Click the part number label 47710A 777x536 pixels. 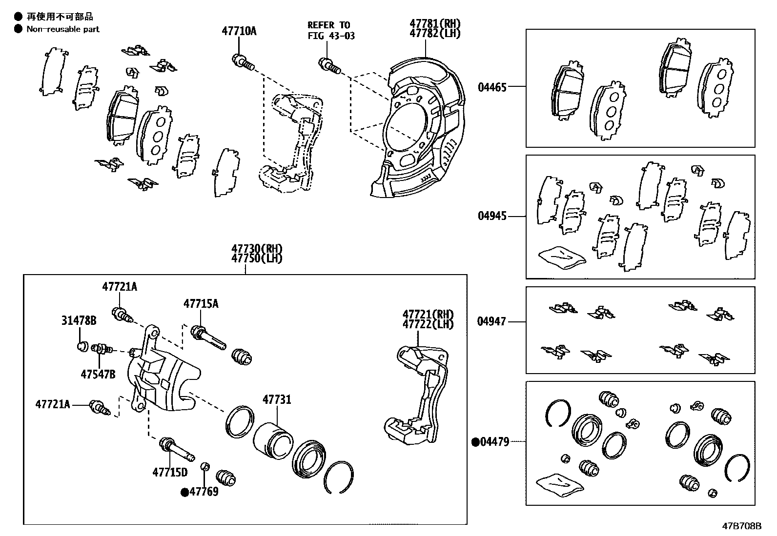pyautogui.click(x=239, y=31)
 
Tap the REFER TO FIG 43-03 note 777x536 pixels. pyautogui.click(x=331, y=30)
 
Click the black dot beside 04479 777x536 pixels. pyautogui.click(x=475, y=442)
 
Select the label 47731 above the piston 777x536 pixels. pyautogui.click(x=277, y=400)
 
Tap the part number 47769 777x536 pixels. pyautogui.click(x=204, y=492)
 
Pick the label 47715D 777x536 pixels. pyautogui.click(x=170, y=472)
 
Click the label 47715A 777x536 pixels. pyautogui.click(x=201, y=304)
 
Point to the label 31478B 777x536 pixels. pyautogui.click(x=79, y=320)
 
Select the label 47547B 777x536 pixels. pyautogui.click(x=98, y=374)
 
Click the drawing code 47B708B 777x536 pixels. pyautogui.click(x=742, y=526)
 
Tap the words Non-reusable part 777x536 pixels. pyautogui.click(x=63, y=29)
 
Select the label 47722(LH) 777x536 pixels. pyautogui.click(x=428, y=323)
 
